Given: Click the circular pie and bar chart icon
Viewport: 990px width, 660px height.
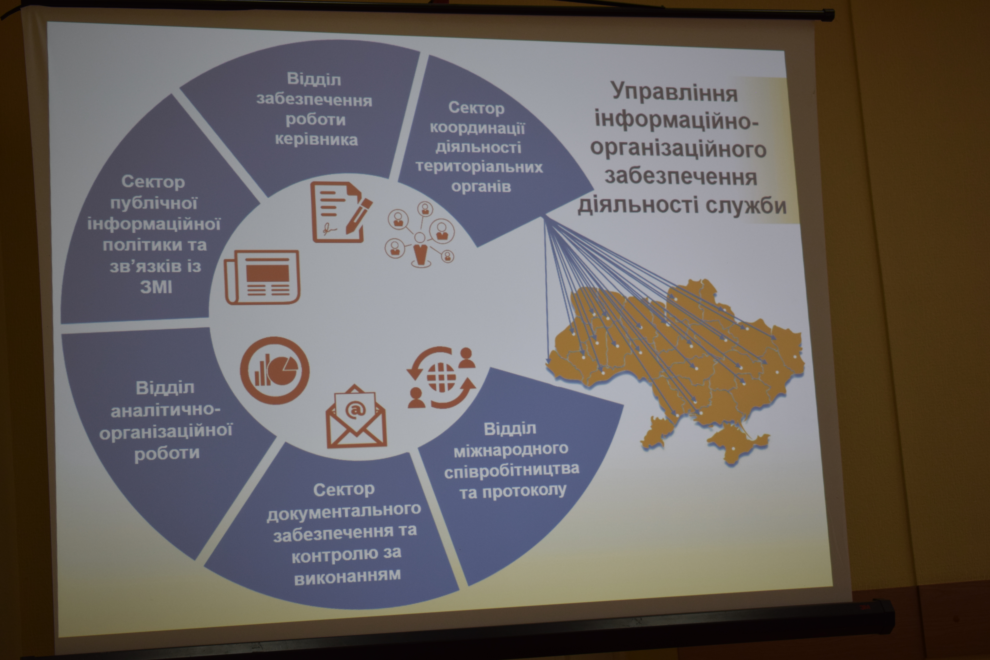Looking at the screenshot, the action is tap(274, 370).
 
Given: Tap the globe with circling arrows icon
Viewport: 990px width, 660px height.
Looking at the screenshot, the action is tap(441, 378).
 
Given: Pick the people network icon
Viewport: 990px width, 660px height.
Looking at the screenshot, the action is tap(420, 234).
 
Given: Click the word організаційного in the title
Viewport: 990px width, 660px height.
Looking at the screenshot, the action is tap(678, 149).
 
